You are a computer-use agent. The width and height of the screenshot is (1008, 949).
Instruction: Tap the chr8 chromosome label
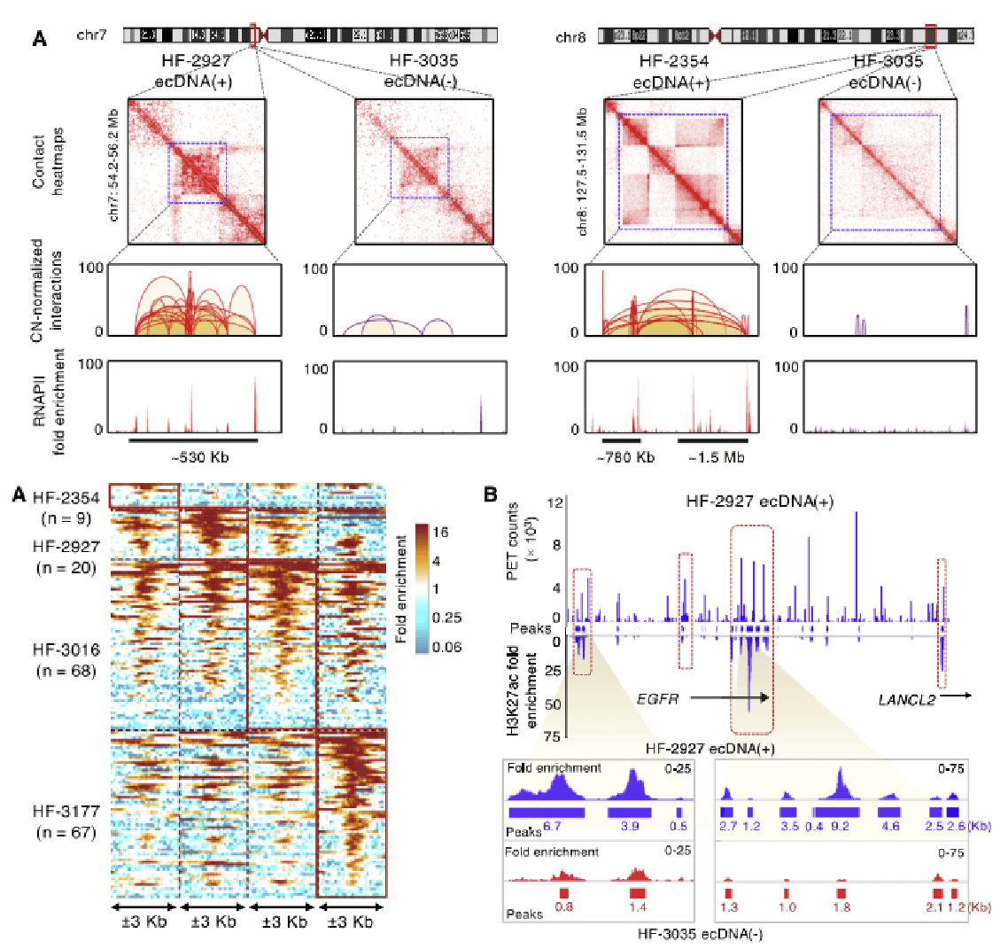coord(573,38)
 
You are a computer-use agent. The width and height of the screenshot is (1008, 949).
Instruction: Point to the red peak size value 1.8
coord(841,907)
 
